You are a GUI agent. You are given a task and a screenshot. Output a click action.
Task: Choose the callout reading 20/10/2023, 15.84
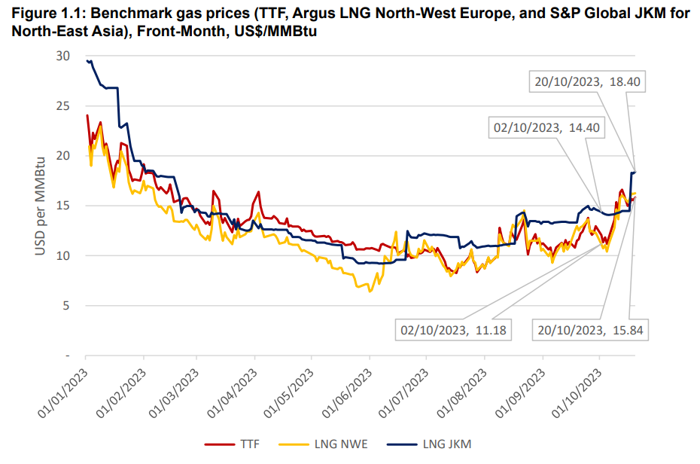(590, 329)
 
